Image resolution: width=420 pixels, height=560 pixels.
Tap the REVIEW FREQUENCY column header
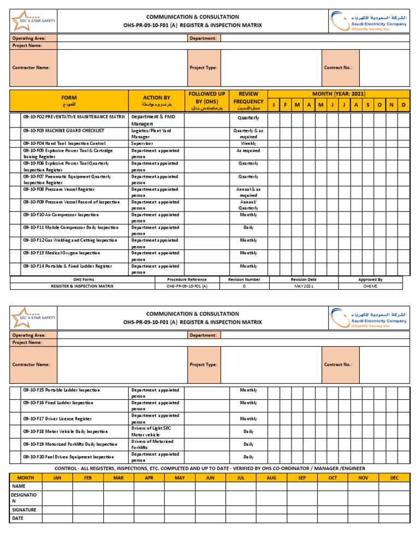pyautogui.click(x=248, y=97)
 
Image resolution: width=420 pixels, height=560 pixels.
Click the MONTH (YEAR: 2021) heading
pyautogui.click(x=338, y=94)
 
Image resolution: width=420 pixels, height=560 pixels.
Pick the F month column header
pyautogui.click(x=285, y=105)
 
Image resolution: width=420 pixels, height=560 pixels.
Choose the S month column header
pyautogui.click(x=367, y=105)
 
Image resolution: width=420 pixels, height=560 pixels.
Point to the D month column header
pyautogui.click(x=404, y=105)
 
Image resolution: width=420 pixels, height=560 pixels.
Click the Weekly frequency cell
pyautogui.click(x=248, y=144)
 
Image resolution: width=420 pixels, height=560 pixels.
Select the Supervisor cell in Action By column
pyautogui.click(x=142, y=144)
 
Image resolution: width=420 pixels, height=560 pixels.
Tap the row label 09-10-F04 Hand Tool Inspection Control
pyautogui.click(x=63, y=144)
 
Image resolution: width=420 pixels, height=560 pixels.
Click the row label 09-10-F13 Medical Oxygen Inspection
pyautogui.click(x=61, y=253)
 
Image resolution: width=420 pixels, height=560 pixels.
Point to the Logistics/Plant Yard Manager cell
pyautogui.click(x=151, y=134)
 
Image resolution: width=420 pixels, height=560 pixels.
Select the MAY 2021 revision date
pyautogui.click(x=304, y=286)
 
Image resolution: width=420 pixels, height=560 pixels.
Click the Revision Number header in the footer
pyautogui.click(x=244, y=279)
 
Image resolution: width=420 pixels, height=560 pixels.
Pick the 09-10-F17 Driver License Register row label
pyautogui.click(x=57, y=419)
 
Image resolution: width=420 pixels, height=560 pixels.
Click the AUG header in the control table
pyautogui.click(x=272, y=477)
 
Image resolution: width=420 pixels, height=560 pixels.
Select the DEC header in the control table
pyautogui.click(x=394, y=477)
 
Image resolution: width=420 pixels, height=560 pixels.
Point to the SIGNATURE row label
pyautogui.click(x=24, y=510)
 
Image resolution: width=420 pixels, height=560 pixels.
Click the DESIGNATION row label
pyautogui.click(x=24, y=498)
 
